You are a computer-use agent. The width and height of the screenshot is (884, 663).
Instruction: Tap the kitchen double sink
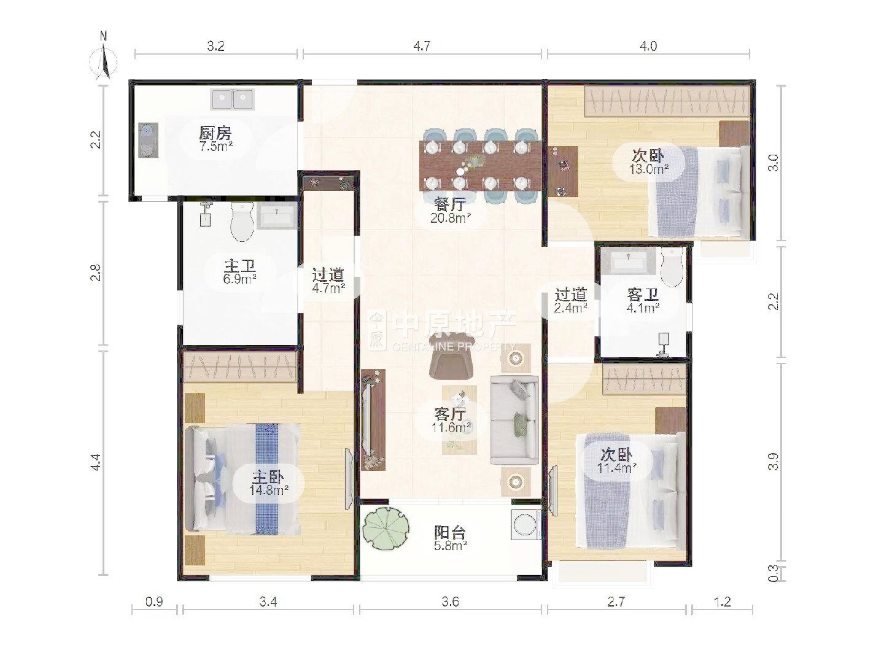point(232,99)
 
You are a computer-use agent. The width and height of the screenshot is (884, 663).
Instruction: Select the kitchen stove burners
point(148,140)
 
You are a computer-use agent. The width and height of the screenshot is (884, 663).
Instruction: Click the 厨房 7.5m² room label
point(215,139)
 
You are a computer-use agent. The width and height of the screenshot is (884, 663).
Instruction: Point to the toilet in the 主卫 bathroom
point(242,222)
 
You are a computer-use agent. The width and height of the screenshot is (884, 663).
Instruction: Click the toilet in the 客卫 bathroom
point(672,266)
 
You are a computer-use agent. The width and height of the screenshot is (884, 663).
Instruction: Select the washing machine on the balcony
point(525,524)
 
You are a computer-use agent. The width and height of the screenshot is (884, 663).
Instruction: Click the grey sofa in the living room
point(514,421)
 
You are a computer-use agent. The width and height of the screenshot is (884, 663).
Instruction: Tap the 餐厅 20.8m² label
point(450,211)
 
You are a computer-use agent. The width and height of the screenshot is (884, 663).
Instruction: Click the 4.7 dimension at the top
point(422,46)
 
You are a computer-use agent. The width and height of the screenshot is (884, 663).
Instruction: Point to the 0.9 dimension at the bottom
point(154,602)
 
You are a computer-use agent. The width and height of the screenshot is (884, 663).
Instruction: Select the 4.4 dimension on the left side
point(95,462)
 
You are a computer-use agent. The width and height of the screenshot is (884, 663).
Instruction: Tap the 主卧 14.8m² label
point(269,483)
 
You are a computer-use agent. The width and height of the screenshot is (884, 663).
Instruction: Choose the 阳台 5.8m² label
point(450,539)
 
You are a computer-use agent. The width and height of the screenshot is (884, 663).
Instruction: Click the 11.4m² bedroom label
point(616,468)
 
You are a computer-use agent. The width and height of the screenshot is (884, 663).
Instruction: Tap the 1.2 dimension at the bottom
point(722,602)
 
